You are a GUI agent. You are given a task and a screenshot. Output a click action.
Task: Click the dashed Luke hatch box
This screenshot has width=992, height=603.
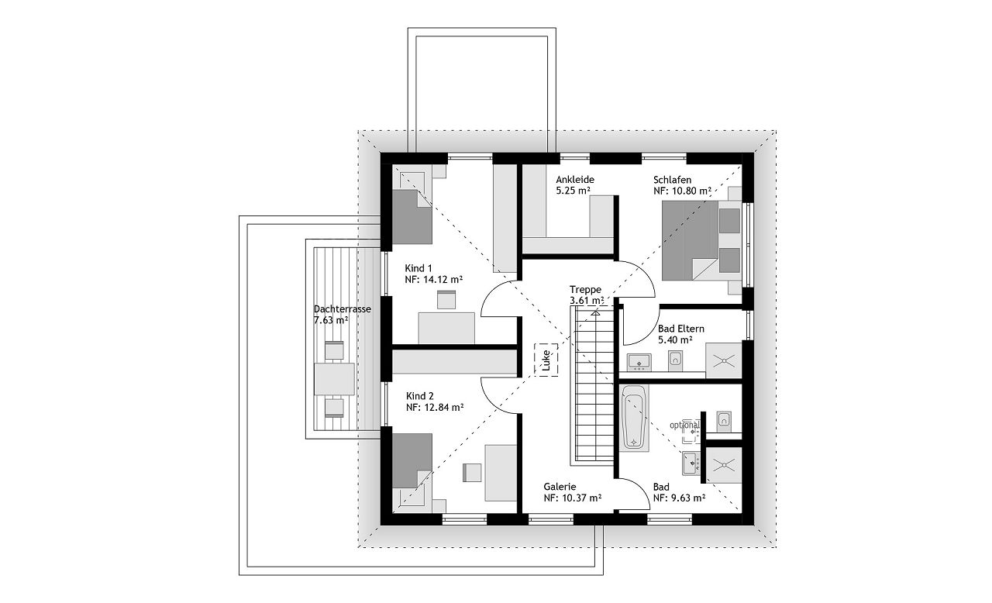click(546, 360)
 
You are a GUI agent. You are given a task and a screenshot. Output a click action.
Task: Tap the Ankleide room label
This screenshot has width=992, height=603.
click(575, 180)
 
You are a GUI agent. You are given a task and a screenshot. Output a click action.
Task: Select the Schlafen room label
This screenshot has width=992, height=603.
click(672, 180)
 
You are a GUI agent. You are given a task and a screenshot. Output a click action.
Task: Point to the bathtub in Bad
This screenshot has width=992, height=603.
click(634, 418)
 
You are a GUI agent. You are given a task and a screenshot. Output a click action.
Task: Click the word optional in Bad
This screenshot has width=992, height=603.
click(684, 425)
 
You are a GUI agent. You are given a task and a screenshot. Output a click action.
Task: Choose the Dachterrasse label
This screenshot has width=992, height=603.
click(343, 309)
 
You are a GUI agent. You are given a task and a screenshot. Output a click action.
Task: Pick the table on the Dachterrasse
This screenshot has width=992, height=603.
click(334, 379)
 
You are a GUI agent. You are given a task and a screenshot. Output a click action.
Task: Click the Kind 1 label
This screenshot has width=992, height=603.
click(418, 268)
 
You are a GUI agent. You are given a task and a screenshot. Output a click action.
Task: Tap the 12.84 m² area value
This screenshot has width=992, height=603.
click(444, 407)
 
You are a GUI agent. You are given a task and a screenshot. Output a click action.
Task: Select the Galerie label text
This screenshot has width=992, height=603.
click(560, 487)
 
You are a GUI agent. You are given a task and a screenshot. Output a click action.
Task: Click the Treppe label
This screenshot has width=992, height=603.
click(585, 290)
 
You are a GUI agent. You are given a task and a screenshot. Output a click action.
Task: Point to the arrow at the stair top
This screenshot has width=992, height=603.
click(595, 312)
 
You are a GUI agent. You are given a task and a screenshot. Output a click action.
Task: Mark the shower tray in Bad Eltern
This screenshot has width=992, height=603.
click(724, 360)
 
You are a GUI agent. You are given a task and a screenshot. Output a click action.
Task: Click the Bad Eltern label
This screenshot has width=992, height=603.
click(681, 329)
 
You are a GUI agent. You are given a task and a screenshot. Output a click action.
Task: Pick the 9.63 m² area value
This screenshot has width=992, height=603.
click(680, 498)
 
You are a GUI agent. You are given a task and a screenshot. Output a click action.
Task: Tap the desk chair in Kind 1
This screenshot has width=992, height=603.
click(446, 300)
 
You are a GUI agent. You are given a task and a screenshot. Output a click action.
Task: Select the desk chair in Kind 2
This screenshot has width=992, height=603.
click(472, 472)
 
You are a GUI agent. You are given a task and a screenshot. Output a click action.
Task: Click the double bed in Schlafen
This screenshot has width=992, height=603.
click(701, 240)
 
